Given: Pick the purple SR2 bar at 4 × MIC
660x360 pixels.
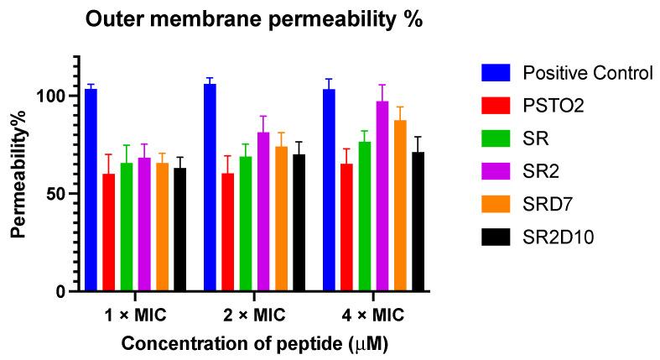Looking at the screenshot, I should [x=382, y=196].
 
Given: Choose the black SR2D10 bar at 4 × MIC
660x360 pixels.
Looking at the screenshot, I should [x=418, y=222].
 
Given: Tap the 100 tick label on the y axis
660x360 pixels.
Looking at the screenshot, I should [x=50, y=96].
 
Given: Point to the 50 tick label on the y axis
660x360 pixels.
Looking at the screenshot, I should [x=55, y=194].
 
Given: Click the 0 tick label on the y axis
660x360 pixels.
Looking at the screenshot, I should [x=60, y=291].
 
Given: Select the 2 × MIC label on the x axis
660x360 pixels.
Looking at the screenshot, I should [x=254, y=316].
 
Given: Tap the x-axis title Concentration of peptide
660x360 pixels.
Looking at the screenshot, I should [x=254, y=342].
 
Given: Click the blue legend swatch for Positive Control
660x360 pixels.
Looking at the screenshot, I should [x=496, y=73].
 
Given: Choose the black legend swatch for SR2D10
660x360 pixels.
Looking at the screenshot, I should [x=496, y=237].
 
